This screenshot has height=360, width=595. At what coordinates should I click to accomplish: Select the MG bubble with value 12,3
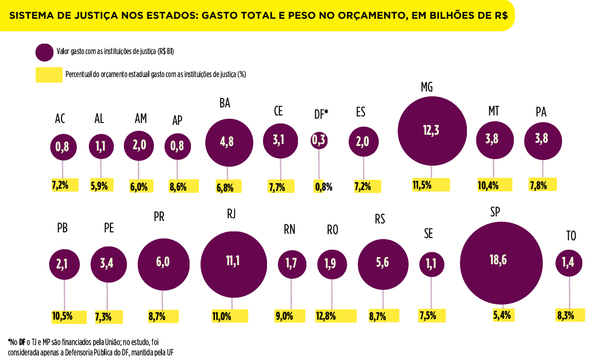pos(432,131)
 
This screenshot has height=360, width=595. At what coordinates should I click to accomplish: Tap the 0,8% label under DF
pos(323,187)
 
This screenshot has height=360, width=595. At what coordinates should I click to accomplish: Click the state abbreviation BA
pos(225,103)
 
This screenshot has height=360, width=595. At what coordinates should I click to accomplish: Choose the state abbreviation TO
pos(571,236)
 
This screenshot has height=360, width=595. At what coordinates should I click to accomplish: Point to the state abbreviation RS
pos(380,219)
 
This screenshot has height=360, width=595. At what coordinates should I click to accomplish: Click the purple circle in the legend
pos(44,52)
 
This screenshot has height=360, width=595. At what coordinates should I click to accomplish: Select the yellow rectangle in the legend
pos(49,75)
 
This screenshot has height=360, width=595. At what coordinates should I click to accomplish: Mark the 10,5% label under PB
pos(62,316)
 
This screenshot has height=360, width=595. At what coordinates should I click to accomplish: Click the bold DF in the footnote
pos(22,342)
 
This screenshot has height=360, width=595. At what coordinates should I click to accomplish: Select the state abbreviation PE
pos(109,229)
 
